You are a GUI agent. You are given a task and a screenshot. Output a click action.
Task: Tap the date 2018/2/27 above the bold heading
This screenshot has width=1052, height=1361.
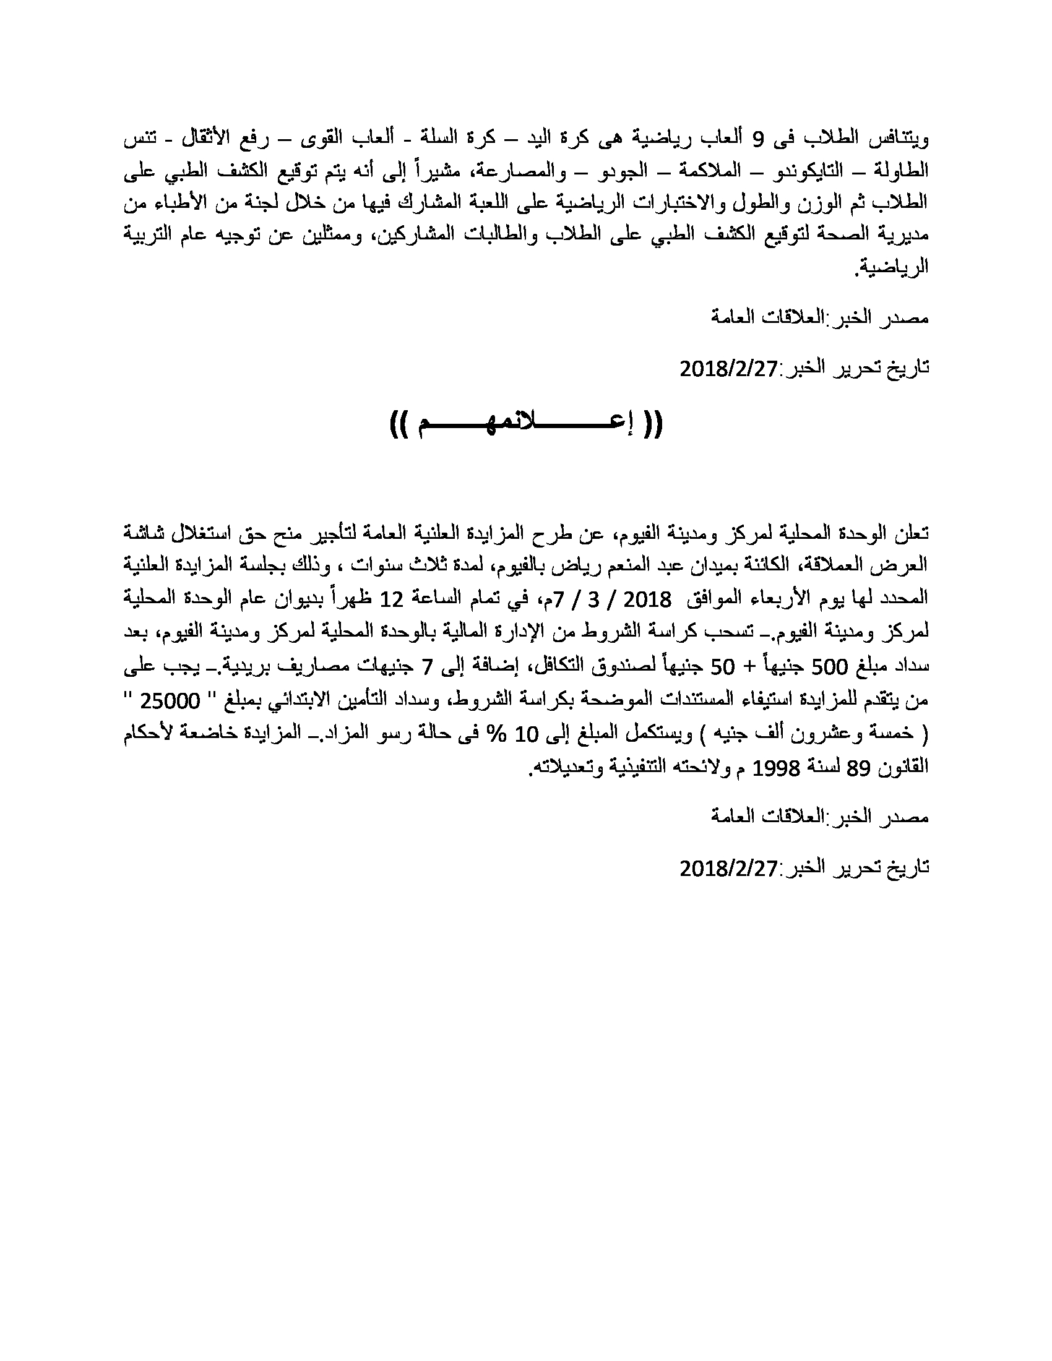(x=728, y=369)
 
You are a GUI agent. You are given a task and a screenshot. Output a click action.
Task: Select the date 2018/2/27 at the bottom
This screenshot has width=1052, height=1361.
(x=728, y=867)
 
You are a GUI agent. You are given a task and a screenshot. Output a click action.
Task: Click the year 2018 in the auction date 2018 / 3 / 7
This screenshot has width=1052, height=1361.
(x=647, y=600)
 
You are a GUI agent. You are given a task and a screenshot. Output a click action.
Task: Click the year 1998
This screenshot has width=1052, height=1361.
(x=775, y=768)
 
